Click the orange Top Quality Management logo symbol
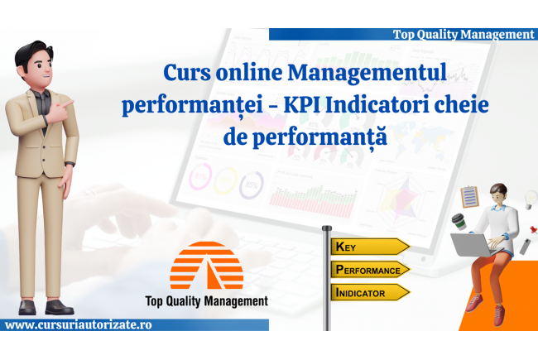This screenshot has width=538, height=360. click(x=207, y=266)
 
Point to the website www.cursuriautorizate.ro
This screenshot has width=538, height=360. click(x=79, y=324)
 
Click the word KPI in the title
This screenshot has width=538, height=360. click(x=302, y=105)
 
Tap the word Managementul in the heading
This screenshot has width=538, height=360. click(x=367, y=72)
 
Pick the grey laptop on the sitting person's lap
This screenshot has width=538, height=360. click(x=474, y=245)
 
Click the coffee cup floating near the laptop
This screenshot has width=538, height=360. click(x=459, y=221)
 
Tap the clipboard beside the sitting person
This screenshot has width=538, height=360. click(x=469, y=197)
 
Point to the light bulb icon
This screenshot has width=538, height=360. click(x=531, y=199)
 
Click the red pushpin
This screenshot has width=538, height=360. click(x=533, y=229)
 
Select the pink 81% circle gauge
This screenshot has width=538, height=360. click(x=200, y=176)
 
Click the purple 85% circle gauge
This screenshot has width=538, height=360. click(x=251, y=185)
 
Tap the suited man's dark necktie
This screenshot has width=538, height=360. click(x=43, y=110)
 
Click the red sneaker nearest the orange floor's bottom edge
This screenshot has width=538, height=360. click(x=499, y=315)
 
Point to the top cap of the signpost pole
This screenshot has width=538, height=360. click(x=327, y=228)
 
